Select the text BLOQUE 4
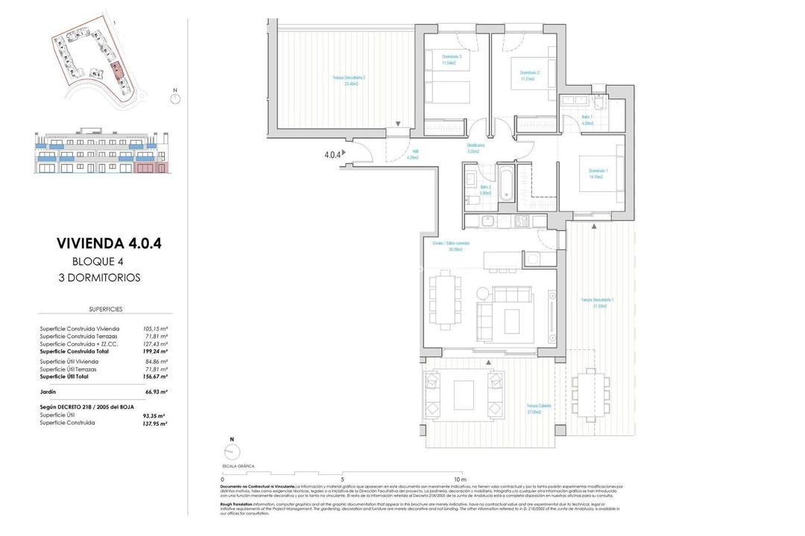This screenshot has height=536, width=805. click(98, 261)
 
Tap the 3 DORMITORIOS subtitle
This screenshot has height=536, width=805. click(99, 278)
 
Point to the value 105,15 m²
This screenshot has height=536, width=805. click(155, 328)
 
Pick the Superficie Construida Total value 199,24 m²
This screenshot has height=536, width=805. click(155, 351)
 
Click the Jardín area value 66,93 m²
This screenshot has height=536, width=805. click(155, 391)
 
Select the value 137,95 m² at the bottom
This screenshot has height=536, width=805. click(155, 423)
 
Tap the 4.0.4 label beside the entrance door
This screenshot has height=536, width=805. click(332, 155)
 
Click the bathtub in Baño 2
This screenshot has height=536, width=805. click(506, 186)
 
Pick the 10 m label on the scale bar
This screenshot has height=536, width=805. click(459, 480)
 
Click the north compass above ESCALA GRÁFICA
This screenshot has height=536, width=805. click(233, 452)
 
